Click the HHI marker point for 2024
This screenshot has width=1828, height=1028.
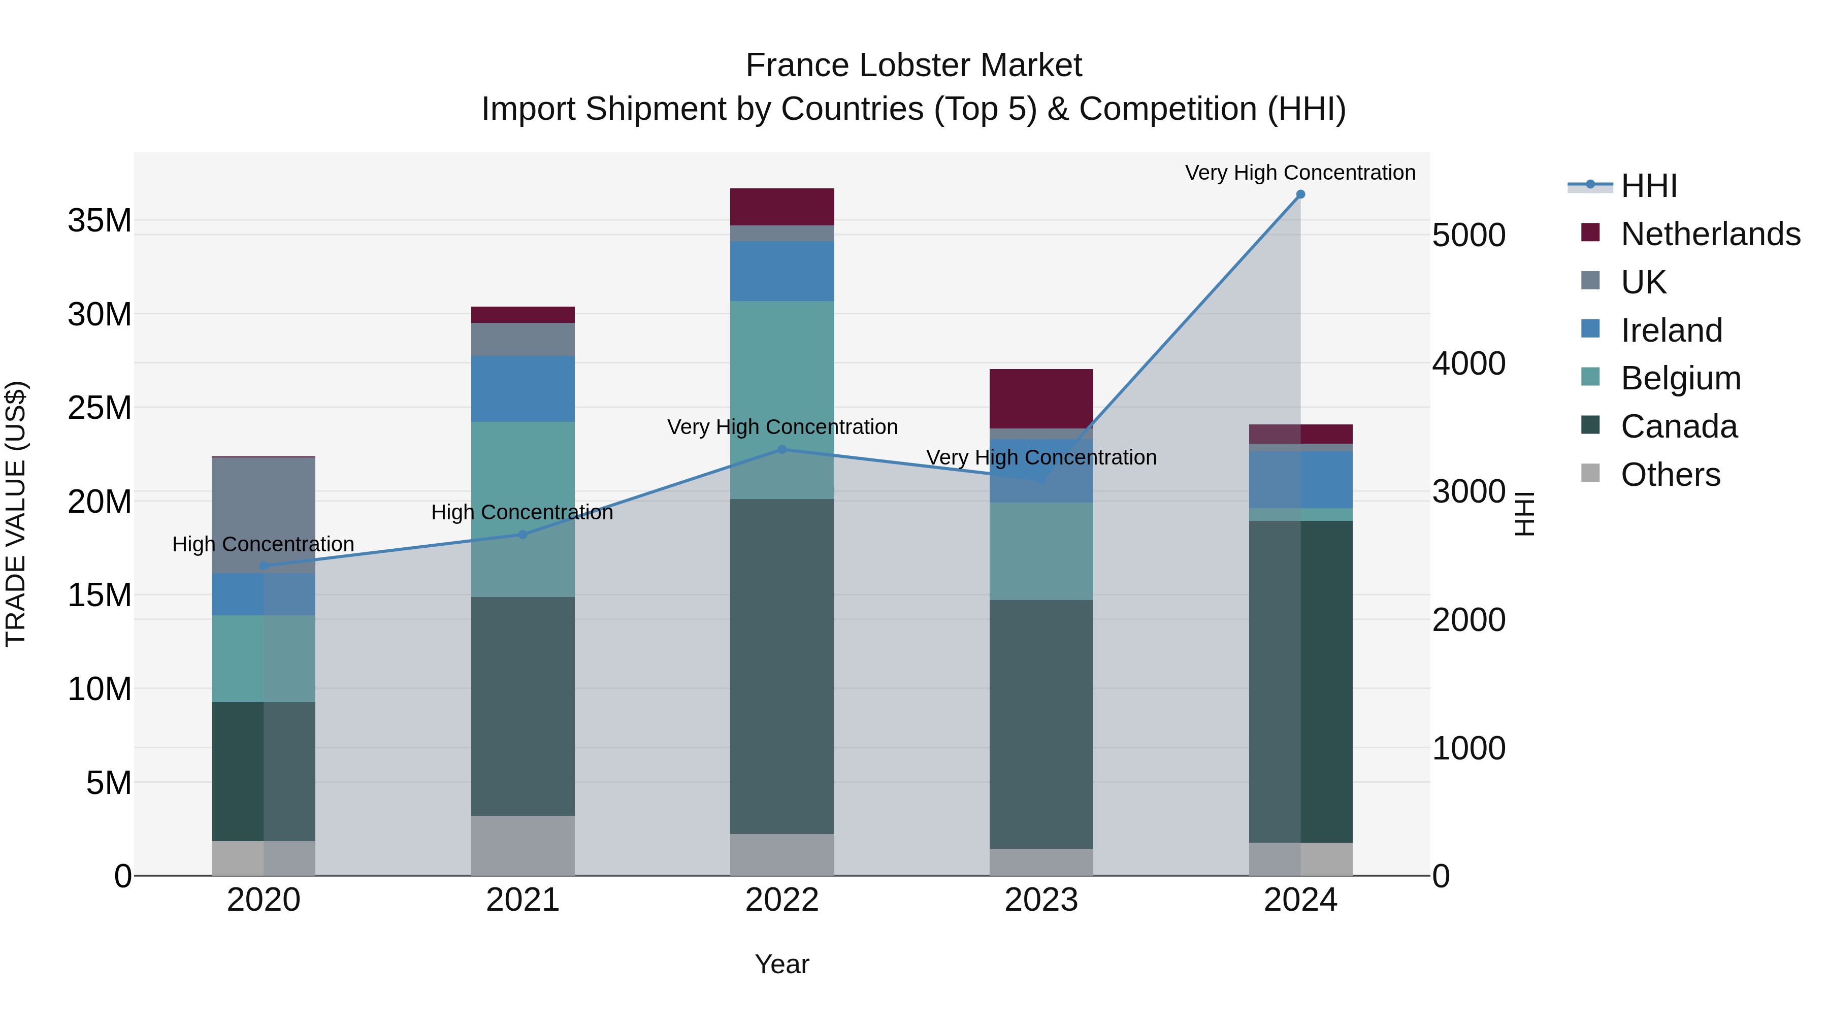click(x=1300, y=194)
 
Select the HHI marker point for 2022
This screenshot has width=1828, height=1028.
click(x=782, y=449)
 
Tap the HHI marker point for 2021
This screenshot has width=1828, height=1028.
click(x=523, y=534)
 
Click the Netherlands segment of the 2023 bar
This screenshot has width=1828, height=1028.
click(x=1041, y=398)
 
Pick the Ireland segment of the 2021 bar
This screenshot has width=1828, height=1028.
click(x=523, y=389)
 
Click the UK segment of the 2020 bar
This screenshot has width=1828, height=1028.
click(x=263, y=515)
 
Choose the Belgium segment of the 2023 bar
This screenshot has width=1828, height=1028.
click(x=1041, y=551)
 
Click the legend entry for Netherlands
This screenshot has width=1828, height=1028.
click(x=1710, y=234)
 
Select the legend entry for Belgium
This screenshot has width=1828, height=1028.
click(x=1680, y=378)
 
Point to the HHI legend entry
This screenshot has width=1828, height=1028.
click(x=1648, y=186)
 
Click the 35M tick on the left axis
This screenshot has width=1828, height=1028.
click(x=100, y=221)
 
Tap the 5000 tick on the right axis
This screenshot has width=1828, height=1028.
click(x=1468, y=236)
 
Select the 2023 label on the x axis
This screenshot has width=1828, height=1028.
click(x=1041, y=900)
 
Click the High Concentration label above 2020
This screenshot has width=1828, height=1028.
click(x=263, y=544)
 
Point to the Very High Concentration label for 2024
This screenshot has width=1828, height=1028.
click(x=1300, y=173)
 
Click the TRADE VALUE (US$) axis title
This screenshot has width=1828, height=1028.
click(x=16, y=514)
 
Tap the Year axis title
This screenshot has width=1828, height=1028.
click(x=782, y=964)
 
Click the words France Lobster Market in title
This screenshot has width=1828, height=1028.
click(x=913, y=65)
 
